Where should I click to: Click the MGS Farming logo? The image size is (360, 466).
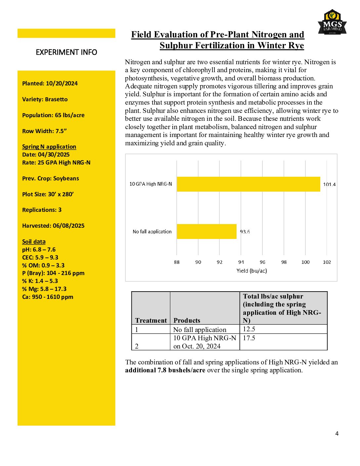click(x=332, y=23)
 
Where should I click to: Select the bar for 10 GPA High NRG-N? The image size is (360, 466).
click(x=248, y=184)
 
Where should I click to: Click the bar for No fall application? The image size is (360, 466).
click(x=206, y=231)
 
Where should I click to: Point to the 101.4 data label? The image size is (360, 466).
click(x=329, y=184)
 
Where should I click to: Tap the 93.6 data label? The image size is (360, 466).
click(x=245, y=232)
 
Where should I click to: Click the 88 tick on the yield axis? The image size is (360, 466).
click(x=177, y=262)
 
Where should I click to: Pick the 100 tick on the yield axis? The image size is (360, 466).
click(x=305, y=262)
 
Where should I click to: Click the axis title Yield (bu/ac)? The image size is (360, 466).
click(x=251, y=271)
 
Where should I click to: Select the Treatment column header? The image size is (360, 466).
click(x=151, y=320)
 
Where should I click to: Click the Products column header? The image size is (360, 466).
click(x=187, y=320)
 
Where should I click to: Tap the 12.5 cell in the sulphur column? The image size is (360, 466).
click(x=249, y=329)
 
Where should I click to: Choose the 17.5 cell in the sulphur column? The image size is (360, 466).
click(x=249, y=338)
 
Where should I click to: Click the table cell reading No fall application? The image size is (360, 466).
click(x=200, y=330)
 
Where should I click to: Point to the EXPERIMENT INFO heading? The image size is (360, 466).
click(x=66, y=52)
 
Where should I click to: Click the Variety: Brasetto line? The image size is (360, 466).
click(x=45, y=99)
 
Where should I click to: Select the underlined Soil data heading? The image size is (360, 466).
click(x=34, y=242)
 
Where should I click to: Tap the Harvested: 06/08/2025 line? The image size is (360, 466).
click(x=53, y=226)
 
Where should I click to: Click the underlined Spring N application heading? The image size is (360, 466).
click(x=49, y=147)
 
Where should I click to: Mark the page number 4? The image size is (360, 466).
click(x=337, y=434)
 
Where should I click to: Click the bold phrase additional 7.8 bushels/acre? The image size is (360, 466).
click(x=165, y=370)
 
